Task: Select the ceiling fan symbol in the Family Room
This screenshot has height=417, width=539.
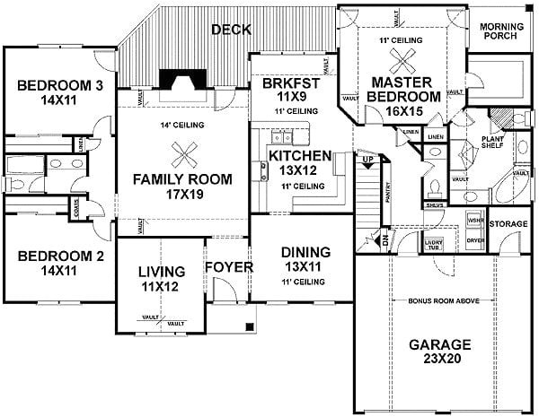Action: (x=184, y=155)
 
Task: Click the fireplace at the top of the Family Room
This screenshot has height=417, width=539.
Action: (x=182, y=83)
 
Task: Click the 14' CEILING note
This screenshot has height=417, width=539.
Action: (x=182, y=125)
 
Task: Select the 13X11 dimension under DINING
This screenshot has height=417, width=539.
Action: (x=305, y=267)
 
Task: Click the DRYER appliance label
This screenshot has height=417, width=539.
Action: (x=474, y=241)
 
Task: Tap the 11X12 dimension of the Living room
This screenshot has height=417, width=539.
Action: (x=161, y=287)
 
